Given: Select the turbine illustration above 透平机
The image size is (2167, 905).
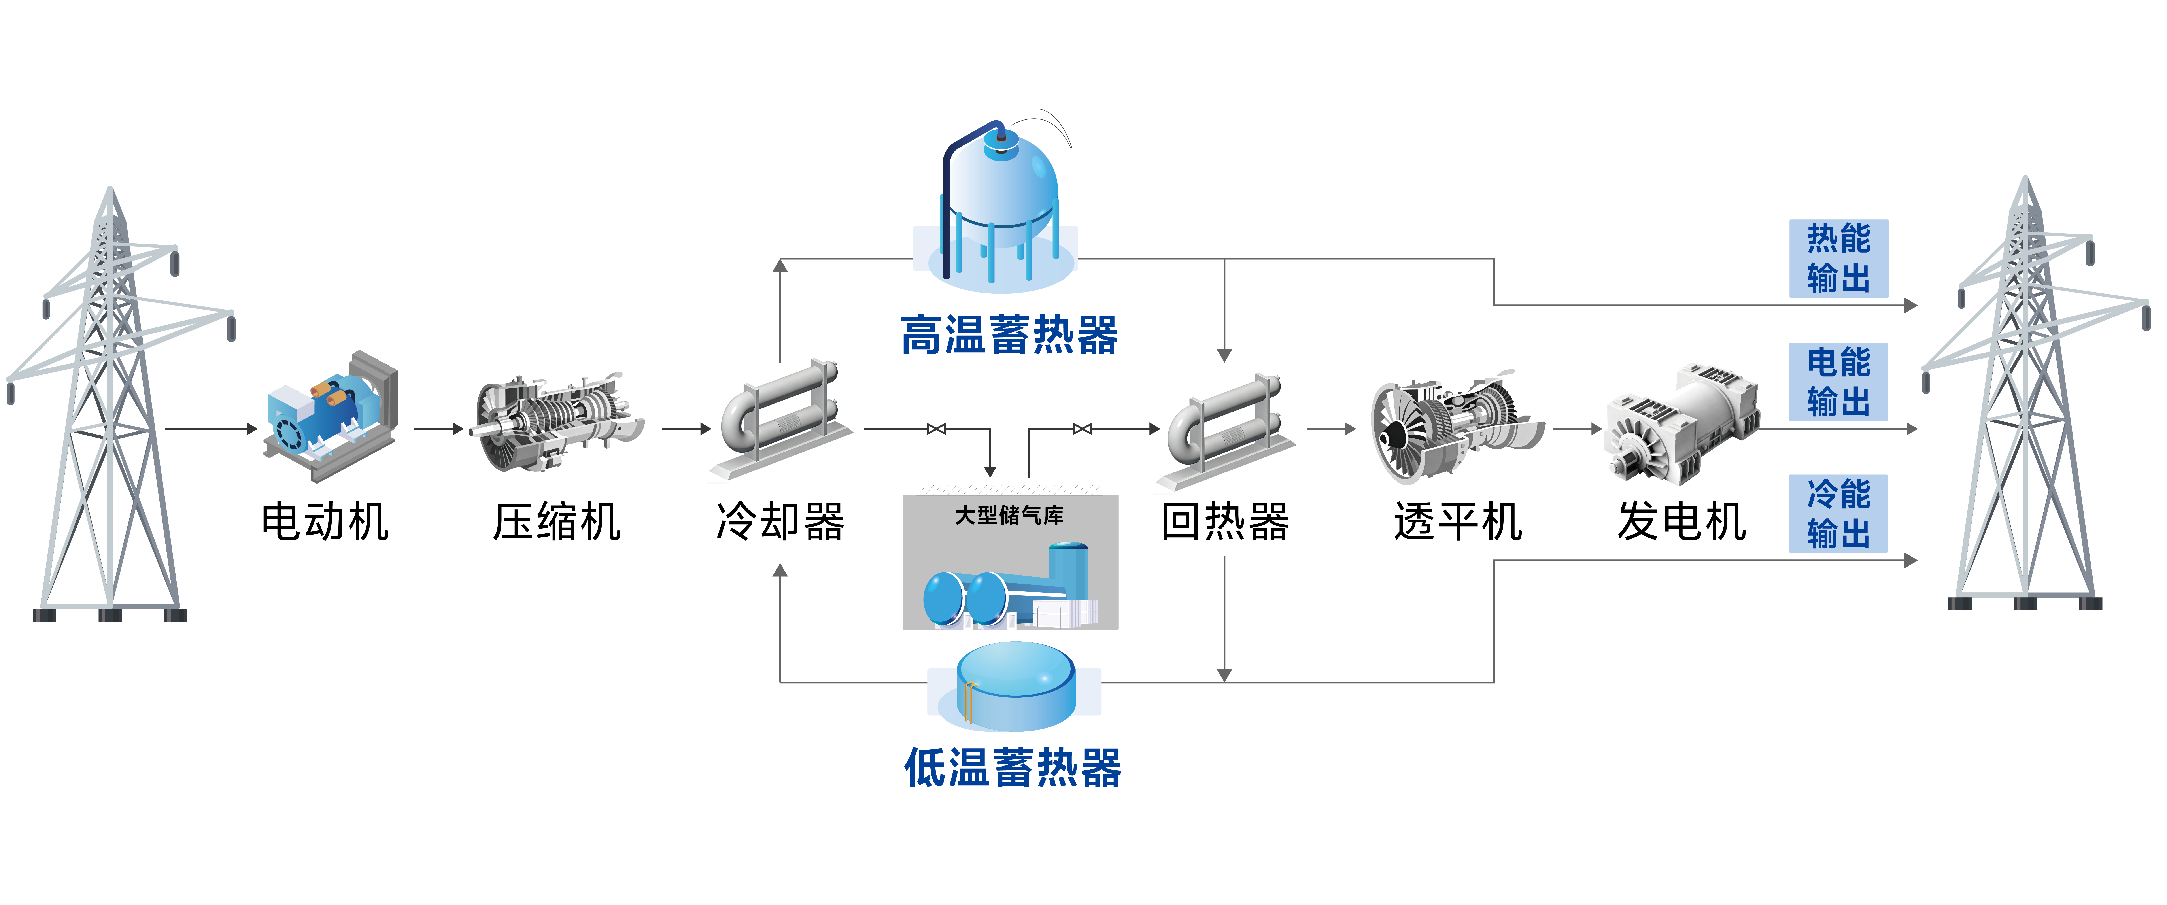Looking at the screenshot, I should (1455, 425).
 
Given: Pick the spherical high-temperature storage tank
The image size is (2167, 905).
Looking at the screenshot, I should (1001, 202).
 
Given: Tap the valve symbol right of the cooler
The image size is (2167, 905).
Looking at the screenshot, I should (935, 429).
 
